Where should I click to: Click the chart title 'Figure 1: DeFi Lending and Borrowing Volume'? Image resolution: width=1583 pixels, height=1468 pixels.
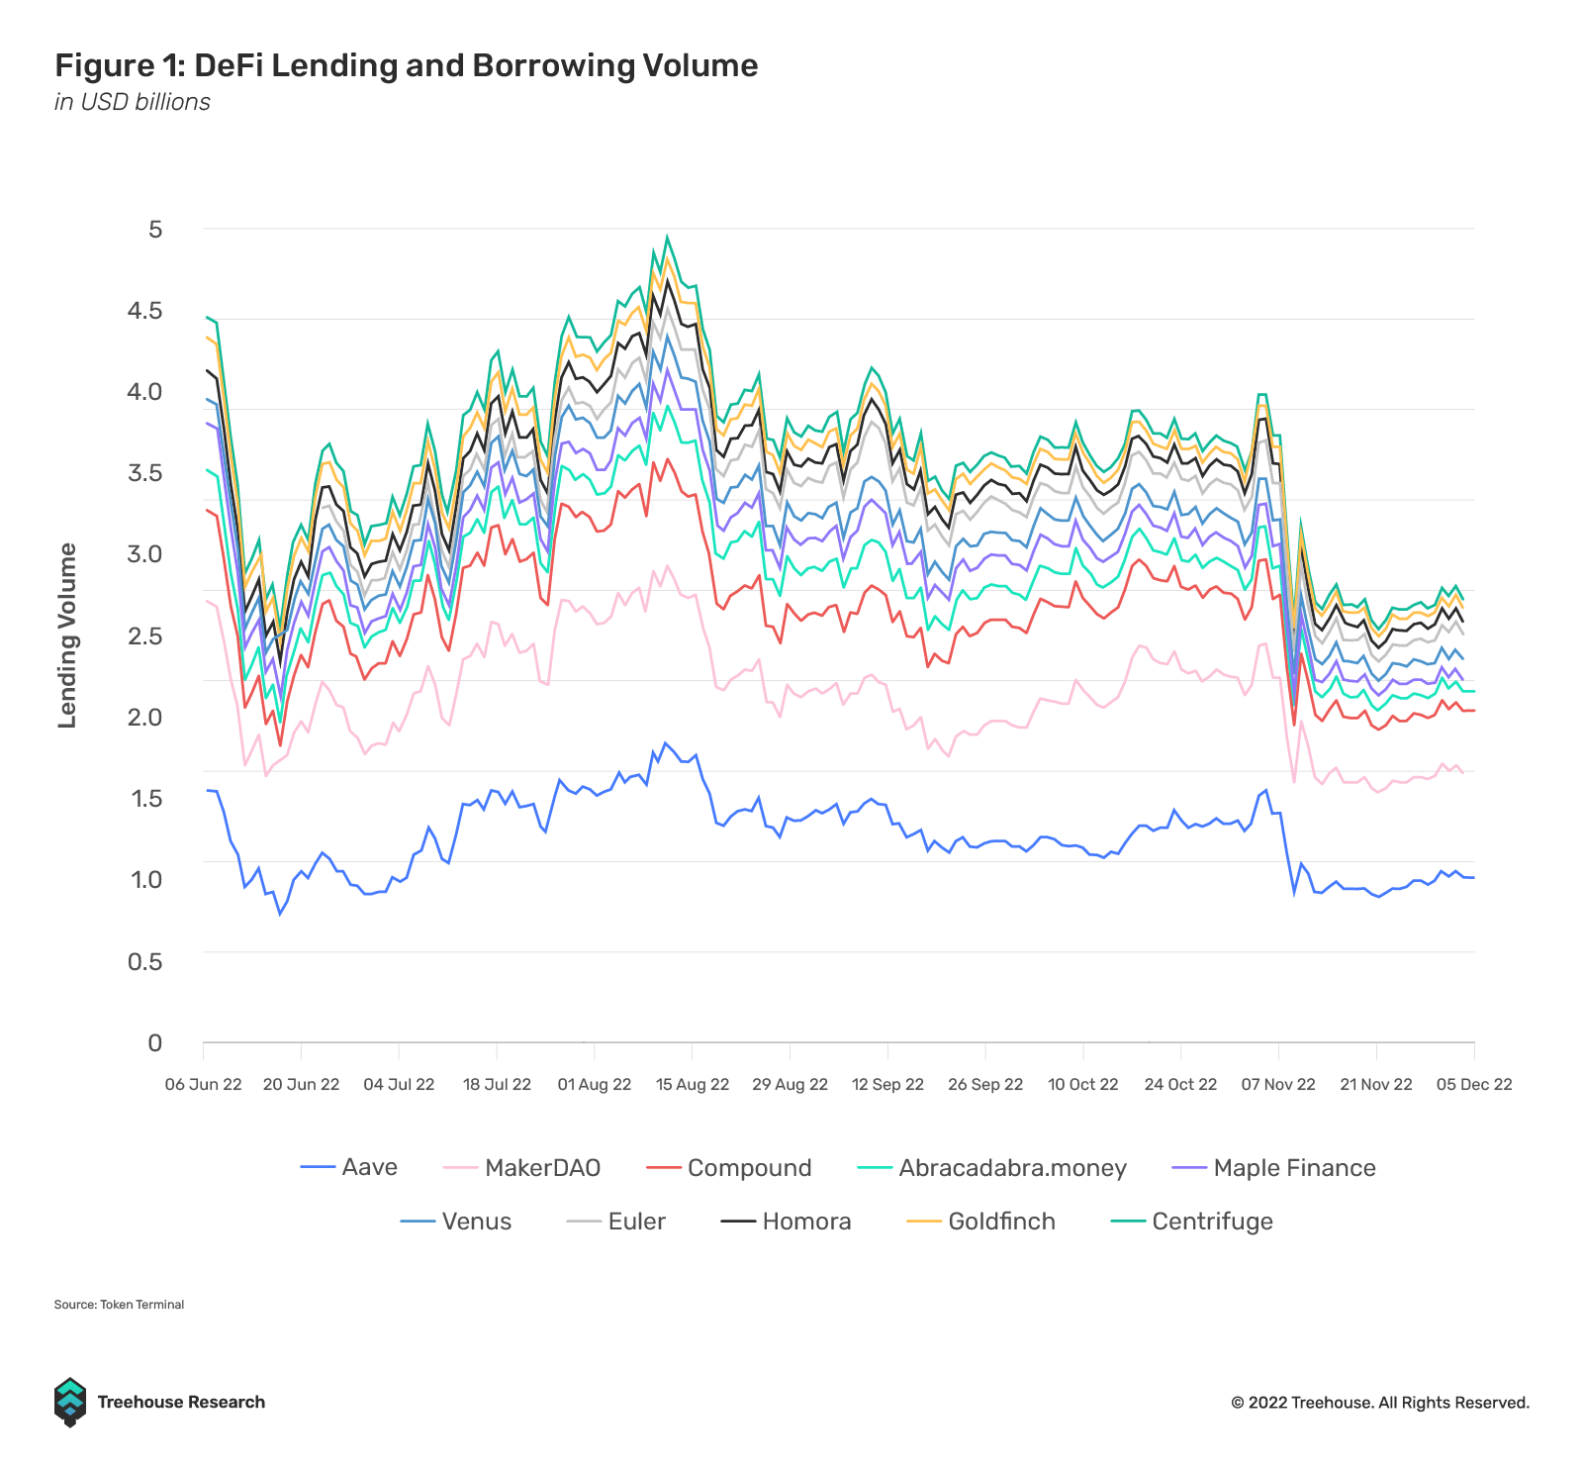pos(406,65)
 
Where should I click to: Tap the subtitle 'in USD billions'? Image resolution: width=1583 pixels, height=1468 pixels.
pos(133,102)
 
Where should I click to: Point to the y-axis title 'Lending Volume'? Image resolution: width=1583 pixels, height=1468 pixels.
pos(67,636)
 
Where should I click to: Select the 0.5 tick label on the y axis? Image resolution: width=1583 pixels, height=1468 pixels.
pos(144,961)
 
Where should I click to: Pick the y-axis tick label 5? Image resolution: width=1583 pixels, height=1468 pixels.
pos(155,230)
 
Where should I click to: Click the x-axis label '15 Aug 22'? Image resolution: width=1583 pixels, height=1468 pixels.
pos(693,1084)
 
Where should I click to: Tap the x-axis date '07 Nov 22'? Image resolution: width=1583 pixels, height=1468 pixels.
pos(1278,1084)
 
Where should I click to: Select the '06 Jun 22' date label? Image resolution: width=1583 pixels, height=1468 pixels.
pos(204,1084)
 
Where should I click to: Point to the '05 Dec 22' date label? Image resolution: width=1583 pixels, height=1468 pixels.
pos(1474,1084)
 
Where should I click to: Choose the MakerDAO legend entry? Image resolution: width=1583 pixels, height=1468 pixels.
pos(522,1168)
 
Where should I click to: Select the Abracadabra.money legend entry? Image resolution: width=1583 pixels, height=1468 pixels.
pos(992,1168)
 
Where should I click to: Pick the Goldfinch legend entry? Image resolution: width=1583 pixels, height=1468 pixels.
pos(981,1222)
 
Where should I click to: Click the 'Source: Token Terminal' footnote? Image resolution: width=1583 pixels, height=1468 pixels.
pos(119,1305)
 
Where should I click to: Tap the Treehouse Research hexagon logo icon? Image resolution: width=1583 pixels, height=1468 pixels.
pos(70,1402)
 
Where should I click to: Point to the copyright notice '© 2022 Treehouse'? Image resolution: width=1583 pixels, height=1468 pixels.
pos(1379,1403)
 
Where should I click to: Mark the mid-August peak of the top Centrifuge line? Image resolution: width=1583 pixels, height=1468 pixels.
pos(667,237)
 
